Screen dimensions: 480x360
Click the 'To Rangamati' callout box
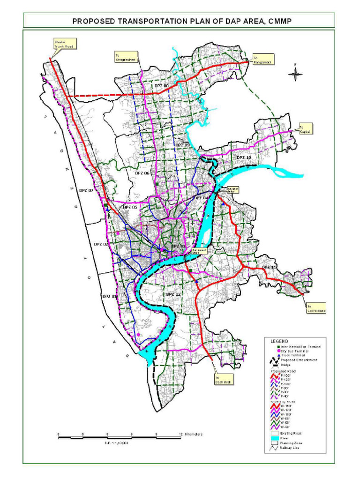[262, 59]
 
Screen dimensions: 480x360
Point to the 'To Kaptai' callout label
[305, 129]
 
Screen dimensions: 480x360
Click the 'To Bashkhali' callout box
[224, 379]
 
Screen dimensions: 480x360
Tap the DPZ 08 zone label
[161, 86]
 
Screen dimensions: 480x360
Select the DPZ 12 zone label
[172, 294]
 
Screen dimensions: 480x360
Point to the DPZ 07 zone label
[86, 191]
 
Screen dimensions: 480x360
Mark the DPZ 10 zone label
[244, 157]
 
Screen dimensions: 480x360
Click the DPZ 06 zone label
[142, 173]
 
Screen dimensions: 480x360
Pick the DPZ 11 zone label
[269, 267]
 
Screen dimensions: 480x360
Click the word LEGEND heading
[279, 341]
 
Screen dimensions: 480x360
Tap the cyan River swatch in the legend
[275, 438]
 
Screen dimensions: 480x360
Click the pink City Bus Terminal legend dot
[278, 351]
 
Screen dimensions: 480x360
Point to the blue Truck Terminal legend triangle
[278, 355]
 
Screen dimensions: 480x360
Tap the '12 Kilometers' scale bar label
[191, 434]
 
